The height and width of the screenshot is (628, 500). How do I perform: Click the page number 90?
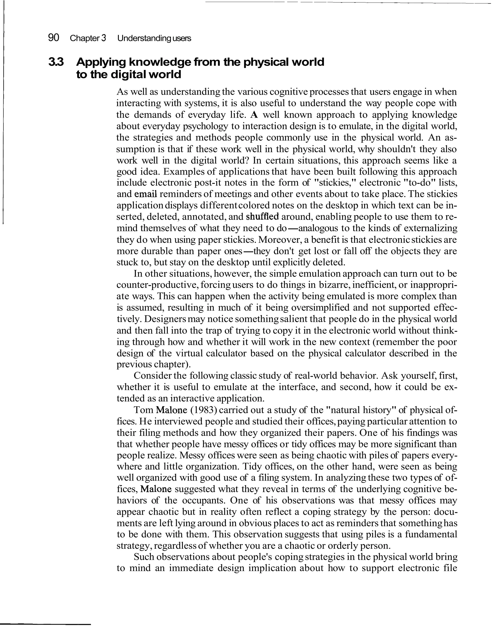pyautogui.click(x=53, y=38)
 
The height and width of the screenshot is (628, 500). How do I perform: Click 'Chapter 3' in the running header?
pyautogui.click(x=88, y=38)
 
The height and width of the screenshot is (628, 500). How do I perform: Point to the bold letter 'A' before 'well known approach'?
pyautogui.click(x=254, y=115)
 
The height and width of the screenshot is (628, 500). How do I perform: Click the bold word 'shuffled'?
pyautogui.click(x=262, y=217)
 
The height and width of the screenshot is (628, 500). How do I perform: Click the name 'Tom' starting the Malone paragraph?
pyautogui.click(x=143, y=410)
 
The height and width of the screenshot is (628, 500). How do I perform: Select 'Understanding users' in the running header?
pyautogui.click(x=154, y=38)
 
